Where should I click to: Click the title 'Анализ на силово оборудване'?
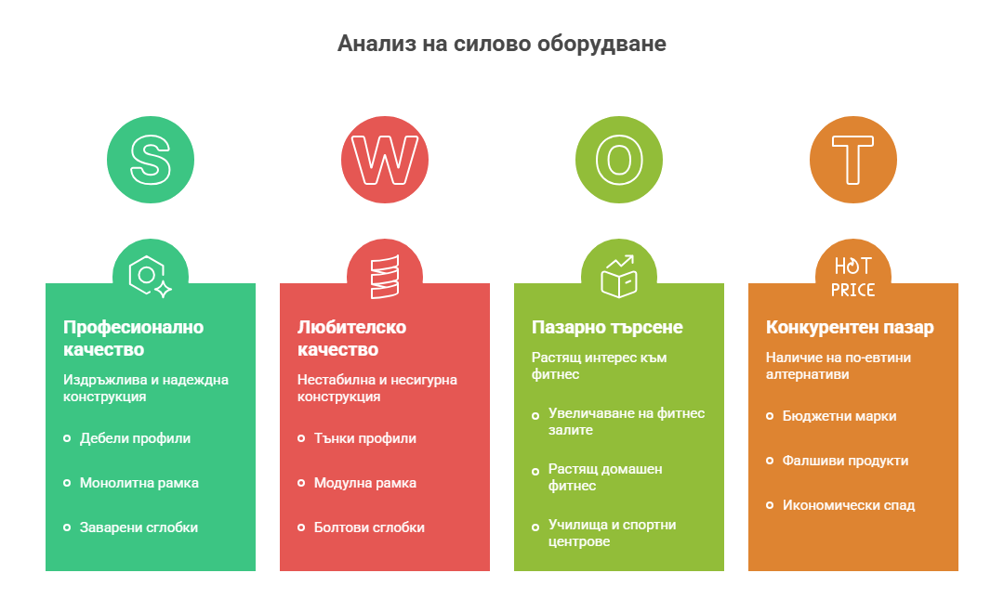click(501, 44)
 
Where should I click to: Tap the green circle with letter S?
click(151, 160)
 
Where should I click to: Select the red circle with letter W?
click(385, 160)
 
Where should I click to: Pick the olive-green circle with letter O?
click(619, 160)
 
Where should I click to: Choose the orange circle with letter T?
click(853, 160)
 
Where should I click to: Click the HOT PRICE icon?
click(852, 277)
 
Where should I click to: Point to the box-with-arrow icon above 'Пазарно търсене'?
click(619, 277)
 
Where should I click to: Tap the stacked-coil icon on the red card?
click(385, 277)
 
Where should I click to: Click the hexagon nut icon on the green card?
click(150, 277)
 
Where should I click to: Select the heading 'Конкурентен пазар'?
click(850, 328)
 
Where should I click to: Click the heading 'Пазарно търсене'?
click(607, 328)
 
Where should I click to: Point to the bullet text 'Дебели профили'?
click(135, 438)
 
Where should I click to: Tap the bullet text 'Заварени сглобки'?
click(139, 527)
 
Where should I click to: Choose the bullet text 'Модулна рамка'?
click(365, 483)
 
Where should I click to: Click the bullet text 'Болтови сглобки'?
click(369, 527)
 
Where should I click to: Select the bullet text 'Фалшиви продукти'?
click(845, 461)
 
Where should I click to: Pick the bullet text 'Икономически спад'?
click(849, 505)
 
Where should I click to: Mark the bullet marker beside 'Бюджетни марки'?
click(770, 416)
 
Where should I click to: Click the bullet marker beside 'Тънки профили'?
click(301, 438)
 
